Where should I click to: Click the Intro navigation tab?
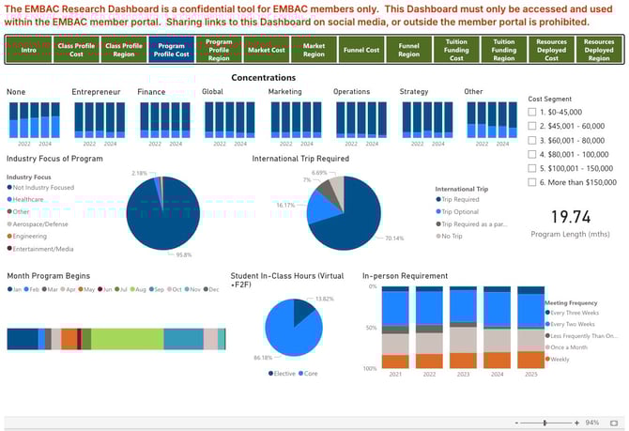click(x=28, y=50)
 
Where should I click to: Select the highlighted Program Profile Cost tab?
click(x=171, y=50)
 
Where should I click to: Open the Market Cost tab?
click(x=267, y=50)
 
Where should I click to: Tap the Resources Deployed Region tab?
click(x=599, y=50)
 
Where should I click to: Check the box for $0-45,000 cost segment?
click(x=533, y=112)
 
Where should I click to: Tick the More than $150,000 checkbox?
click(x=533, y=182)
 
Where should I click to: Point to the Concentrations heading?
click(x=264, y=78)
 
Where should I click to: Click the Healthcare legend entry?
click(x=29, y=199)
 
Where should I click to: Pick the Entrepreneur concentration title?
click(x=96, y=92)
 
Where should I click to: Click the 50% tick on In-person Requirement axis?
click(x=372, y=328)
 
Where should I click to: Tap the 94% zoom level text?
click(x=591, y=423)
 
